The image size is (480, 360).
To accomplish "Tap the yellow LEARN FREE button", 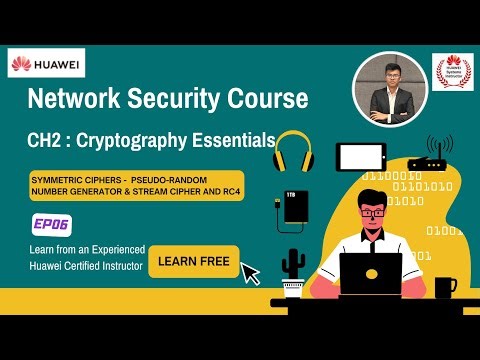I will tap(193, 262).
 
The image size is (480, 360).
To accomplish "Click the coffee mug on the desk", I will tap(445, 287).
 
